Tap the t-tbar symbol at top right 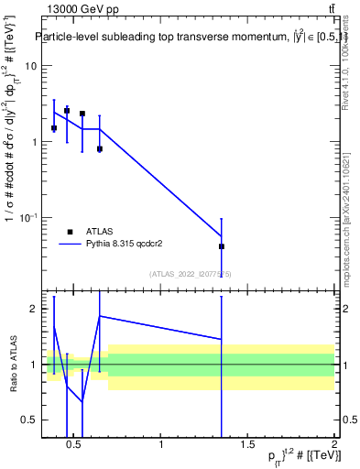click(332, 9)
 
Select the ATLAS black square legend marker click(70, 232)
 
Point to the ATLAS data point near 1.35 click(222, 246)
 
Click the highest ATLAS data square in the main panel click(67, 110)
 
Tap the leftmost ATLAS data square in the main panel click(54, 128)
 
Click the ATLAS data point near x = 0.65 click(99, 148)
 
